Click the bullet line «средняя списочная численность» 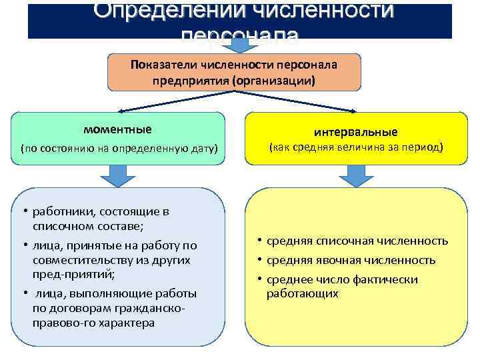(357, 241)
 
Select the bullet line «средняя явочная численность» (351, 260)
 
